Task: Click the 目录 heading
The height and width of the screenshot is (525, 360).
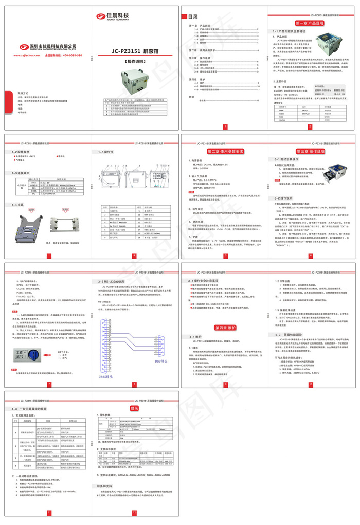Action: point(193,16)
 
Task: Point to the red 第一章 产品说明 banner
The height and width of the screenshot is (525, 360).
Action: point(309,23)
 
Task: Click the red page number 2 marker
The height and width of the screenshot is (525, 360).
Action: point(310,126)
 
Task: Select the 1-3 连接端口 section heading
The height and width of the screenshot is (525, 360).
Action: point(22,173)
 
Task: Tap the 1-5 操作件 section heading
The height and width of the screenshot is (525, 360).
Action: point(106,152)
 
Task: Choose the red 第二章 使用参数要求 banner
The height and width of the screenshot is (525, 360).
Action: point(225,152)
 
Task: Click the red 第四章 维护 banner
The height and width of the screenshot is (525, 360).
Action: point(225,327)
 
